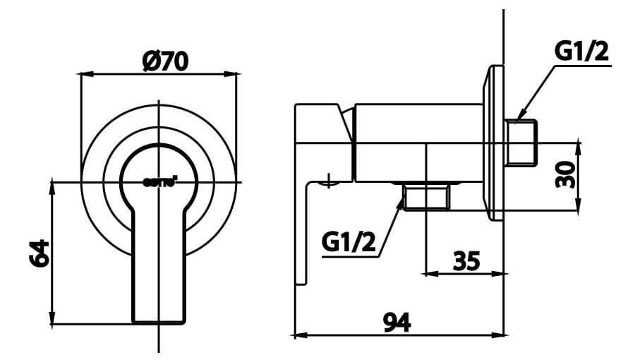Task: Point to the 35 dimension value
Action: (466, 261)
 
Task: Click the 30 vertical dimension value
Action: (564, 174)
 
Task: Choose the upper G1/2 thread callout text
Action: (581, 52)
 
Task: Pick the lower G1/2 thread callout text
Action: (348, 242)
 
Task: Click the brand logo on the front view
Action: (159, 181)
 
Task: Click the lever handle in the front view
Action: (159, 268)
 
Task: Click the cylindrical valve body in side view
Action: (416, 141)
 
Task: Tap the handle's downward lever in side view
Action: (304, 233)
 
